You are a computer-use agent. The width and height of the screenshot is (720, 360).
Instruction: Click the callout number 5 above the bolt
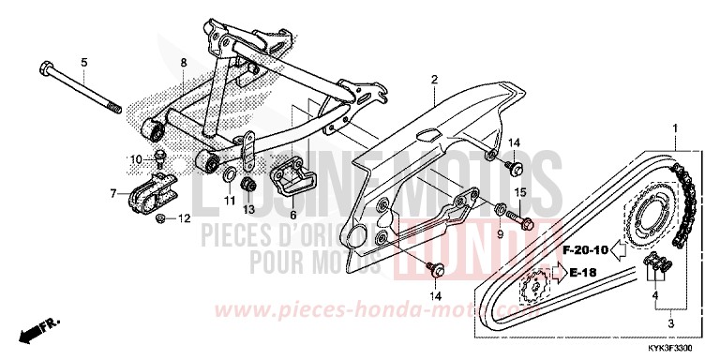click(83, 63)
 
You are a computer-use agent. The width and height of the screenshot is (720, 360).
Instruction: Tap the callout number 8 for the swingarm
click(184, 64)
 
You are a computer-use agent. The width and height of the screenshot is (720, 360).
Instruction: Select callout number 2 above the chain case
click(435, 81)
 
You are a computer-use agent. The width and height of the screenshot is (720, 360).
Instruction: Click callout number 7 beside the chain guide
click(113, 194)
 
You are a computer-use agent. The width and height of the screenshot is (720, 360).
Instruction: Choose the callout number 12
click(184, 219)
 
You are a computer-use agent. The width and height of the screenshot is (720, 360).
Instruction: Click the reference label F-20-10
click(587, 249)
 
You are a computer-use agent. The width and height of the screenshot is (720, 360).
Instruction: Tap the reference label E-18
click(586, 275)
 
